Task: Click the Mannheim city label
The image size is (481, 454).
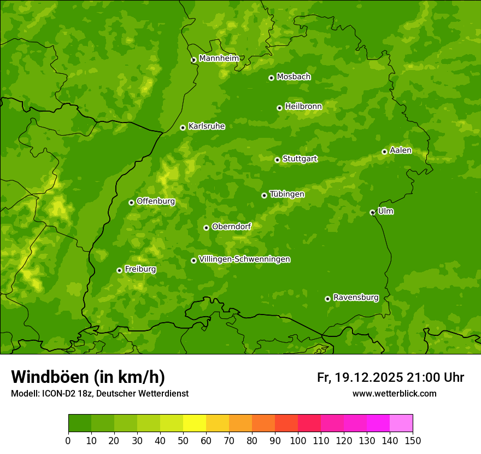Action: pos(219,59)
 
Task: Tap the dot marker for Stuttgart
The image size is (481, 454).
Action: pos(277,160)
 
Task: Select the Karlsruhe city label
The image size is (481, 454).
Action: pos(206,126)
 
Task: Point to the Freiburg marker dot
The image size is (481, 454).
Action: pos(119,270)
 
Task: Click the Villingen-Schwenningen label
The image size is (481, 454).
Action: pos(244,259)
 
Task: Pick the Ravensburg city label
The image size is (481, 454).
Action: pos(355,298)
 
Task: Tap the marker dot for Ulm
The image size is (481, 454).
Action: pos(372,212)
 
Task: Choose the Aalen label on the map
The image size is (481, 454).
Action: pos(400,150)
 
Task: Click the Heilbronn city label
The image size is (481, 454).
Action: pos(303,107)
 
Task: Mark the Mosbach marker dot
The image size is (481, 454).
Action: pos(271,78)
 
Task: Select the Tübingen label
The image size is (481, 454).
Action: pos(286,194)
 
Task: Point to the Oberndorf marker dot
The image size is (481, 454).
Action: pos(206,228)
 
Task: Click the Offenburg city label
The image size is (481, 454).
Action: pos(155,201)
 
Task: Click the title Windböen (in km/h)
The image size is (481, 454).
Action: pos(87,377)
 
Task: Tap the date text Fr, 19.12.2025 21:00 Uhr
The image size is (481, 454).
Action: pos(390,377)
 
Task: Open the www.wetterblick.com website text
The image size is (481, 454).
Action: pos(394,394)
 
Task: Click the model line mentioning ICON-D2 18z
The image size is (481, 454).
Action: pos(99,394)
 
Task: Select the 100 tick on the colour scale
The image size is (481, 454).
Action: pos(298,441)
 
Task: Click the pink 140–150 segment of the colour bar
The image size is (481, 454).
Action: pos(401,423)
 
